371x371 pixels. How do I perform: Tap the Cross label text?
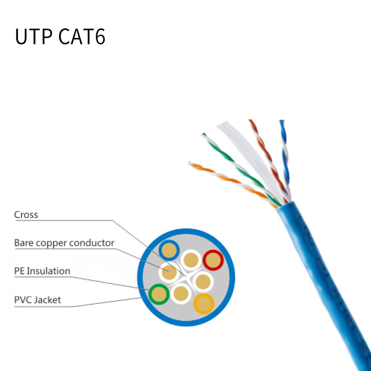[x=26, y=215]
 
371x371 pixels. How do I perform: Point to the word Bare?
[x=23, y=243]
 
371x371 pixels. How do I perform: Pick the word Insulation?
[x=49, y=271]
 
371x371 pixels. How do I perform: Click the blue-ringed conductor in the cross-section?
[x=169, y=251]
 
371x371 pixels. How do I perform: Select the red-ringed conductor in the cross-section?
[x=213, y=260]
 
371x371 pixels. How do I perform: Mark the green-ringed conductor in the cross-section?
[x=159, y=294]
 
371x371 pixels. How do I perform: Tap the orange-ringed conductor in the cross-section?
[x=204, y=304]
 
